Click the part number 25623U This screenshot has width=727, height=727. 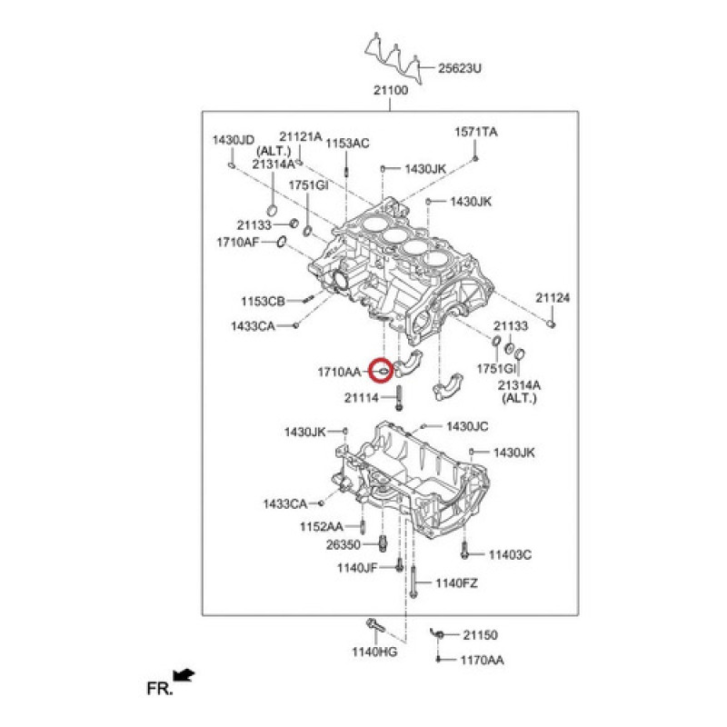click(460, 68)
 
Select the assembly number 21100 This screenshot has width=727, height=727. click(391, 91)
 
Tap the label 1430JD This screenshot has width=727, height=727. click(233, 140)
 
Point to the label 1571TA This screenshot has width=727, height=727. click(476, 133)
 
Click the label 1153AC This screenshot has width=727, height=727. click(348, 143)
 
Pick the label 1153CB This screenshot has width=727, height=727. click(264, 301)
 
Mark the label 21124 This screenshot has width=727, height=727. click(553, 298)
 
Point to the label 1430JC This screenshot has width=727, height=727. click(467, 426)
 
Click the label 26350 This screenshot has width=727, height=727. click(344, 544)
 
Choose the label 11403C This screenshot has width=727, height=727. click(510, 554)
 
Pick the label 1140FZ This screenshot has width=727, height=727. click(456, 583)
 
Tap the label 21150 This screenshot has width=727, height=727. click(481, 635)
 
